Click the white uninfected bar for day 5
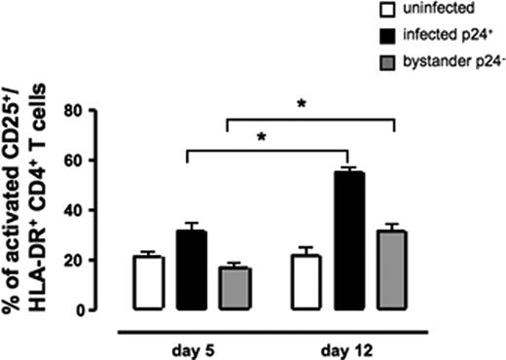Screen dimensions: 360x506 [149, 283]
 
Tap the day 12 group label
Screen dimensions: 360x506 [348, 347]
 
